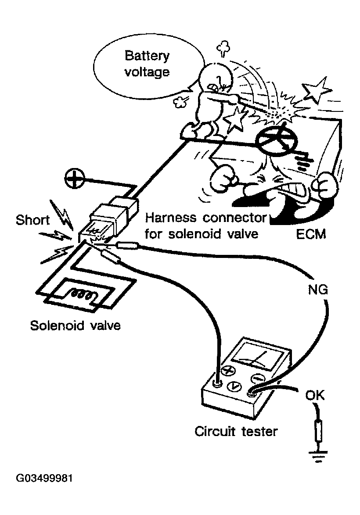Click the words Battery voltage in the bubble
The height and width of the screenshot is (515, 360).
pyautogui.click(x=147, y=64)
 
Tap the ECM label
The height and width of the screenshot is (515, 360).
pyautogui.click(x=311, y=234)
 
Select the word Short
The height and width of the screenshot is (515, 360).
pyautogui.click(x=32, y=220)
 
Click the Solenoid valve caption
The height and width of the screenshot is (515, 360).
pyautogui.click(x=75, y=325)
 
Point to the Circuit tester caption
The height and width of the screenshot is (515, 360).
pyautogui.click(x=236, y=431)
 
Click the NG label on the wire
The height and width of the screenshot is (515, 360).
pyautogui.click(x=317, y=290)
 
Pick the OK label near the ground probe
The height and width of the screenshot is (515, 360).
pyautogui.click(x=315, y=395)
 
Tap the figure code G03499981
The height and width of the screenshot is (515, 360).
pyautogui.click(x=44, y=478)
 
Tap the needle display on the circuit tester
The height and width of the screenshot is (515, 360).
pyautogui.click(x=256, y=357)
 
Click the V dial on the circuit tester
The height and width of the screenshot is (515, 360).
pyautogui.click(x=234, y=386)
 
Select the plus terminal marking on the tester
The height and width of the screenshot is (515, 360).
pyautogui.click(x=227, y=371)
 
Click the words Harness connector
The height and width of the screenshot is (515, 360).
pyautogui.click(x=206, y=218)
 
